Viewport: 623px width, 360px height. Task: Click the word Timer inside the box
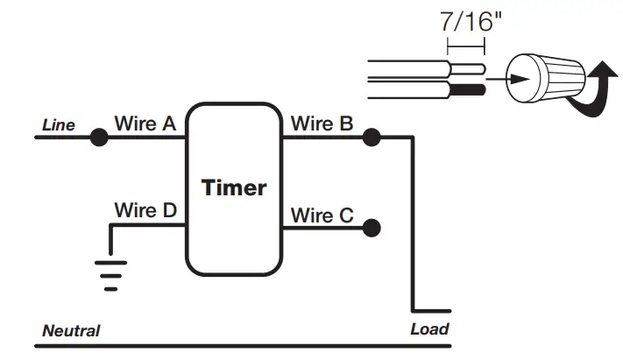coord(234,187)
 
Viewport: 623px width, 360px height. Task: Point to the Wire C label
coord(323,215)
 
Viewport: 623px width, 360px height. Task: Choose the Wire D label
coord(145,210)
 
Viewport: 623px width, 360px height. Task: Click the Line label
coord(59,125)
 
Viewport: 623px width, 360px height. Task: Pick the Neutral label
coord(71,331)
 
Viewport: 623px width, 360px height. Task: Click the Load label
coord(429,329)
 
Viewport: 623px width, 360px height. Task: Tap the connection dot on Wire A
coord(99,138)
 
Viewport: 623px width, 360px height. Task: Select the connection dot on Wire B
coord(372,138)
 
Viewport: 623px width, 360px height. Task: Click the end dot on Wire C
coord(372,228)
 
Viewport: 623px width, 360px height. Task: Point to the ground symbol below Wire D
coord(110,274)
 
